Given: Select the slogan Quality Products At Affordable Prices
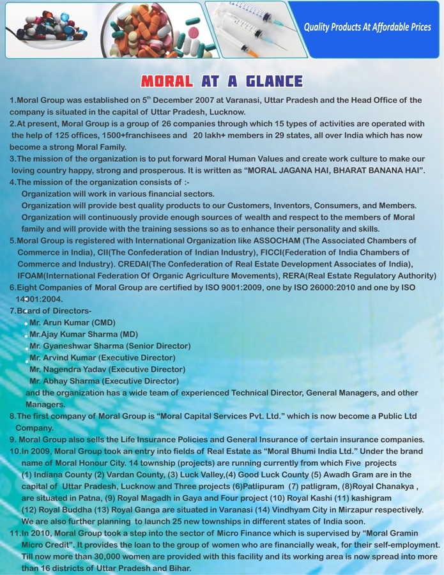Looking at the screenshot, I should [367, 27].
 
